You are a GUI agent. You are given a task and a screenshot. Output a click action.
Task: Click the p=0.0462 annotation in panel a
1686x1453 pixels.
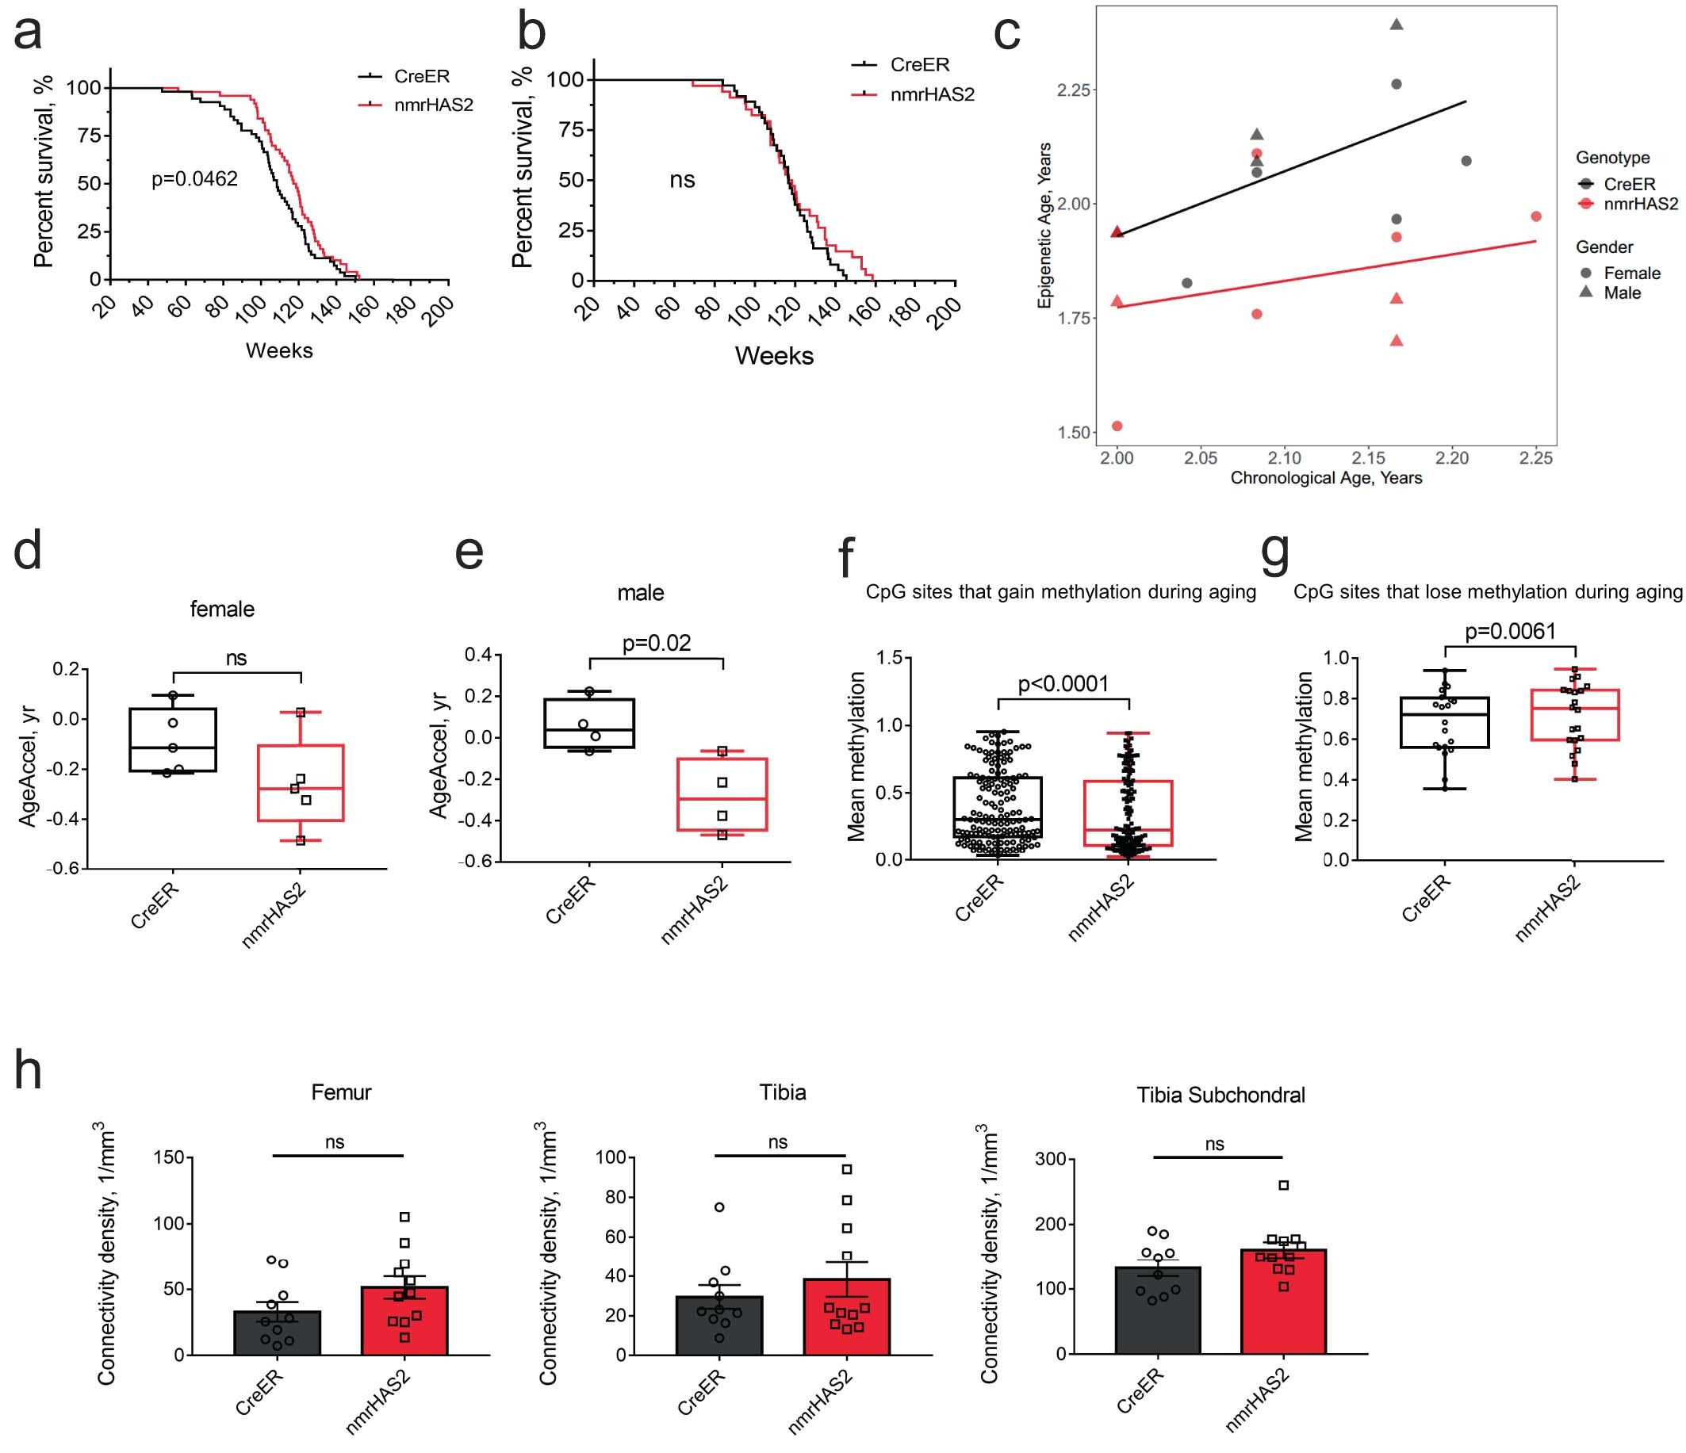click(194, 179)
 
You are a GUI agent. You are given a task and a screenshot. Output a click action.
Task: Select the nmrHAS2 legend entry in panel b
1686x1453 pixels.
click(931, 94)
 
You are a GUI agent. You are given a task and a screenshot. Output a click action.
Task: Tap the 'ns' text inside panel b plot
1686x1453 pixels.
click(682, 180)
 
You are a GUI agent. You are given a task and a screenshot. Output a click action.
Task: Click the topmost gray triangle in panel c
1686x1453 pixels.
click(1397, 25)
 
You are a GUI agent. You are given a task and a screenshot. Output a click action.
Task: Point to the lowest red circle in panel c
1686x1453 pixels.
click(1117, 426)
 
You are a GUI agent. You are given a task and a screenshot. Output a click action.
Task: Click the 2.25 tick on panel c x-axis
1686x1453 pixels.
click(1535, 459)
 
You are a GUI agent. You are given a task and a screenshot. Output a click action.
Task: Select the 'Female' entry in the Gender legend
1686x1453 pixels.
click(1630, 273)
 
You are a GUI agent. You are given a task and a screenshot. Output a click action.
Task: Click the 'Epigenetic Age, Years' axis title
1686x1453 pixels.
click(1044, 225)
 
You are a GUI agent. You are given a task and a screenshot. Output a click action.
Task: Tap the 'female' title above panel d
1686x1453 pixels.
click(222, 610)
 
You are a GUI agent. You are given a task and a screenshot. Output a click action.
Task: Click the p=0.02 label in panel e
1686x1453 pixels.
click(657, 644)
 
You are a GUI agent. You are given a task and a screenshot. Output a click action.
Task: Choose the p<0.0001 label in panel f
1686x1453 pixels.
click(1063, 684)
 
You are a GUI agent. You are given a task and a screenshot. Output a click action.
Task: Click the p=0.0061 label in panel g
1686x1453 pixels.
click(1510, 631)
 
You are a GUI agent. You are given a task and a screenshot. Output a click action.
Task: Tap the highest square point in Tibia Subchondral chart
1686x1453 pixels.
click(1284, 1185)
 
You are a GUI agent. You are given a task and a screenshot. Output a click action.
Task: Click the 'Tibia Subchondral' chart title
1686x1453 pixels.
click(1220, 1095)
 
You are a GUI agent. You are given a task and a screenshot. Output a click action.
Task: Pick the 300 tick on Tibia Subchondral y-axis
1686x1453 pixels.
click(1051, 1159)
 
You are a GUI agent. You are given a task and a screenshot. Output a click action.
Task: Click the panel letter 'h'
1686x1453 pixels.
click(29, 1073)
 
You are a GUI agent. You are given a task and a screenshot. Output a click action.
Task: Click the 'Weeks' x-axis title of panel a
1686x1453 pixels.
click(279, 350)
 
